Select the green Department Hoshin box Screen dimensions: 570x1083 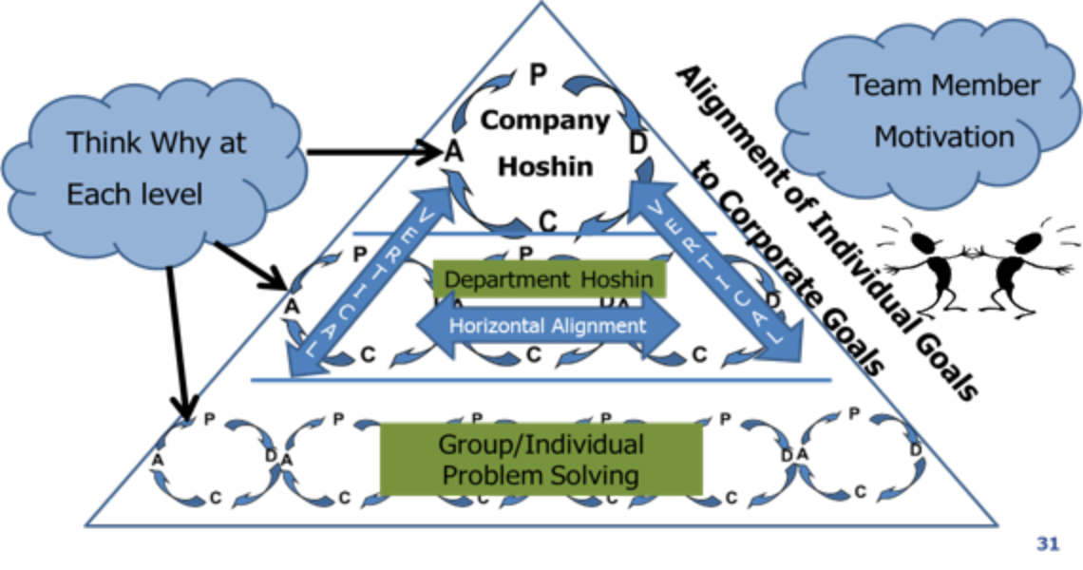(x=548, y=279)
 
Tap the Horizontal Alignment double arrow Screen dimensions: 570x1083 (x=548, y=326)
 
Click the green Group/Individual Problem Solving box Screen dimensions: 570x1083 (x=541, y=459)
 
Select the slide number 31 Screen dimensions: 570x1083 (x=1047, y=544)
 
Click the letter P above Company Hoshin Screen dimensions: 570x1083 (x=538, y=75)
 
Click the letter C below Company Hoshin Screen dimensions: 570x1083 (x=548, y=221)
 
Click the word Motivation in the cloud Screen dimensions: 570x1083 (x=943, y=137)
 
